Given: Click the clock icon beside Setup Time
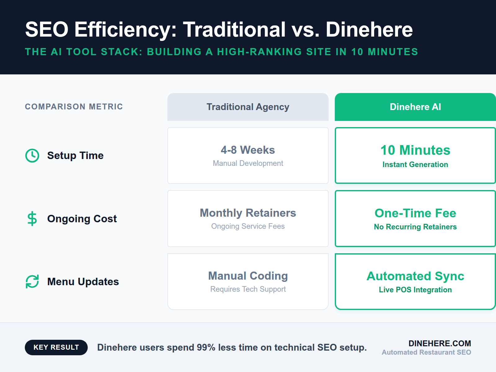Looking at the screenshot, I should (32, 155).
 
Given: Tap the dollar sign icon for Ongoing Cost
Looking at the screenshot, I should (32, 219).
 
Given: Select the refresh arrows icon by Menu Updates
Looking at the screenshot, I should (32, 281).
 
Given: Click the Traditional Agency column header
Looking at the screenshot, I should (248, 107).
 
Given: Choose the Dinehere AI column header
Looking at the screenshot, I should (415, 107).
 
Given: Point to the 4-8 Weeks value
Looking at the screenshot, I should (248, 150).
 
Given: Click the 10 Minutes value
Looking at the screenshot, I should (415, 150).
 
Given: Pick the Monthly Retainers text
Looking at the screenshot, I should (248, 213).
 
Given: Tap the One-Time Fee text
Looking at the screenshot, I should (415, 213).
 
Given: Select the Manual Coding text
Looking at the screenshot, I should (248, 276).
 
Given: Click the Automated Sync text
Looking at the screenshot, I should (415, 276).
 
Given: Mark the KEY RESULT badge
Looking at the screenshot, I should (56, 348).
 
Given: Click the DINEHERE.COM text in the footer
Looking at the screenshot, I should (440, 343).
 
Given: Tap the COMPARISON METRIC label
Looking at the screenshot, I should (74, 107).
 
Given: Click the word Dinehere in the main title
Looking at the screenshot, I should (369, 30).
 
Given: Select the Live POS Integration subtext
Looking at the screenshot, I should (415, 290).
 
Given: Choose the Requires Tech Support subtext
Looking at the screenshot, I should (248, 289).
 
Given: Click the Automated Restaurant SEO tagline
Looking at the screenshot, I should (426, 352).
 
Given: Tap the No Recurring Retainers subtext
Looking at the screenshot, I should (415, 227).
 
